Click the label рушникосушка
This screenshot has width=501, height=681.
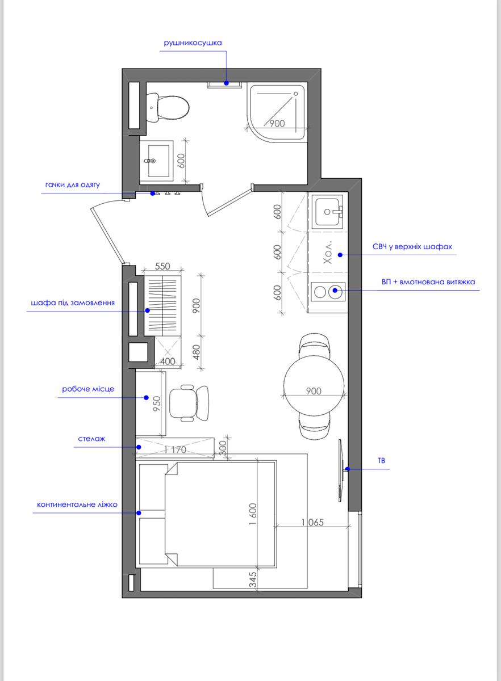tap(193, 43)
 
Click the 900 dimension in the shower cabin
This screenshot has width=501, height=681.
tap(277, 124)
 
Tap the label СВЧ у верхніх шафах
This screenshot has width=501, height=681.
tap(412, 246)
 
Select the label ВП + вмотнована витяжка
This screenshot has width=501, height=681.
tap(428, 282)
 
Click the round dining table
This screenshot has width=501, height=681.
tap(314, 385)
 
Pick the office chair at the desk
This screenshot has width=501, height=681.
tap(189, 403)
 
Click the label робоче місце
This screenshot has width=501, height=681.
tap(88, 389)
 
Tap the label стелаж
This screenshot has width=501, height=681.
tap(91, 439)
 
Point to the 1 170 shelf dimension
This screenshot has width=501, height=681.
tap(175, 449)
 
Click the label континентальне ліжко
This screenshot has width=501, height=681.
tap(77, 505)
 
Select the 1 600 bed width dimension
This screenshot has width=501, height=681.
tap(253, 514)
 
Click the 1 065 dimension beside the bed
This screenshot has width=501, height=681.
tap(312, 522)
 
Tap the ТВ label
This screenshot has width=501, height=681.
tap(381, 461)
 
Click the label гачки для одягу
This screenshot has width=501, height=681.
tap(73, 185)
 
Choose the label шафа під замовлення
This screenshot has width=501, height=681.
tap(73, 303)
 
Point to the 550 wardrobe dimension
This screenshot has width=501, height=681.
tap(162, 266)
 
